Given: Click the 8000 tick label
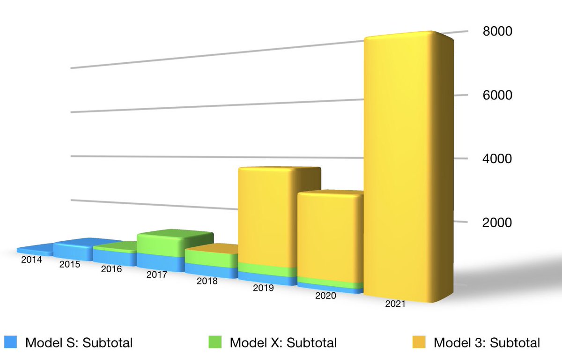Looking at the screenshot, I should point(497,31).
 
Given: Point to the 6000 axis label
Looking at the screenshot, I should point(497,95).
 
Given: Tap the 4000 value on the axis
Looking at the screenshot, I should point(497,158).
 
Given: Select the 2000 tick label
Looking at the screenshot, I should point(497,222).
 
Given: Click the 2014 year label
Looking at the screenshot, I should point(31,260).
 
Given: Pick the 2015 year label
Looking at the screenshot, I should point(70,264).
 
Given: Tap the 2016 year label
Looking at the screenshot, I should point(111,269).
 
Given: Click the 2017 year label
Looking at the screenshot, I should point(156,275).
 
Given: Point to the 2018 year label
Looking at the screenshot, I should point(207,281).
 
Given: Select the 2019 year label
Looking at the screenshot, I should point(263,288).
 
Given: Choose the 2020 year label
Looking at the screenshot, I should point(325,296).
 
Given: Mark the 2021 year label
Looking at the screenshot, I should point(395,304).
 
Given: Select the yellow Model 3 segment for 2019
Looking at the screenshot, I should point(267,215).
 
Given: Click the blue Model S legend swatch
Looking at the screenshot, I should point(10,342).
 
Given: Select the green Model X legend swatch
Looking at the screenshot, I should point(215,342).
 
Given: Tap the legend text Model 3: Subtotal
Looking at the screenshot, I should point(487,342).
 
